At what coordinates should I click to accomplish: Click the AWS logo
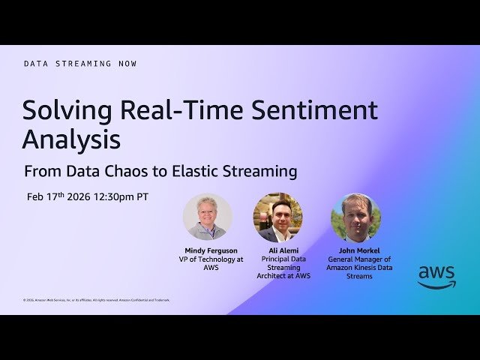(x=436, y=276)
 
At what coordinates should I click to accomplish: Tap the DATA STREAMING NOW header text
(x=80, y=64)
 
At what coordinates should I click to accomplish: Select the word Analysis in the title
(x=71, y=139)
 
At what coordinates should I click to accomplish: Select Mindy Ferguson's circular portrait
(x=207, y=217)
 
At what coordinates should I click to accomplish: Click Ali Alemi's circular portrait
(x=278, y=217)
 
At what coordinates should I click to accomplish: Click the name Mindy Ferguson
(x=211, y=250)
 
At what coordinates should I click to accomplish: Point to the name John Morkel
(x=360, y=250)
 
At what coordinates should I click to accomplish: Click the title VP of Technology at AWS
(x=211, y=263)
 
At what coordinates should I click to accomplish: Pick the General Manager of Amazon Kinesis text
(x=360, y=268)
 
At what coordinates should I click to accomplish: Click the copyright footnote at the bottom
(x=97, y=300)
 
